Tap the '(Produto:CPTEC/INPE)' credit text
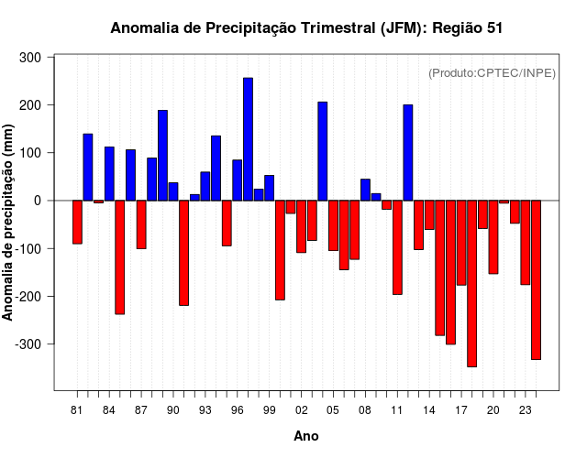click(492, 73)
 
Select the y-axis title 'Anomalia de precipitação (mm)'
click(9, 224)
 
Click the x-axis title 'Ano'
click(306, 436)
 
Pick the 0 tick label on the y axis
click(39, 201)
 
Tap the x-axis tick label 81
click(77, 409)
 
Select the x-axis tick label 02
click(301, 409)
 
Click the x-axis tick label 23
click(526, 409)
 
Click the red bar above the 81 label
click(77, 222)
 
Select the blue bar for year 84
click(109, 173)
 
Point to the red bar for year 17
click(461, 243)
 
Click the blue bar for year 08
click(365, 190)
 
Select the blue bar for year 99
click(269, 188)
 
